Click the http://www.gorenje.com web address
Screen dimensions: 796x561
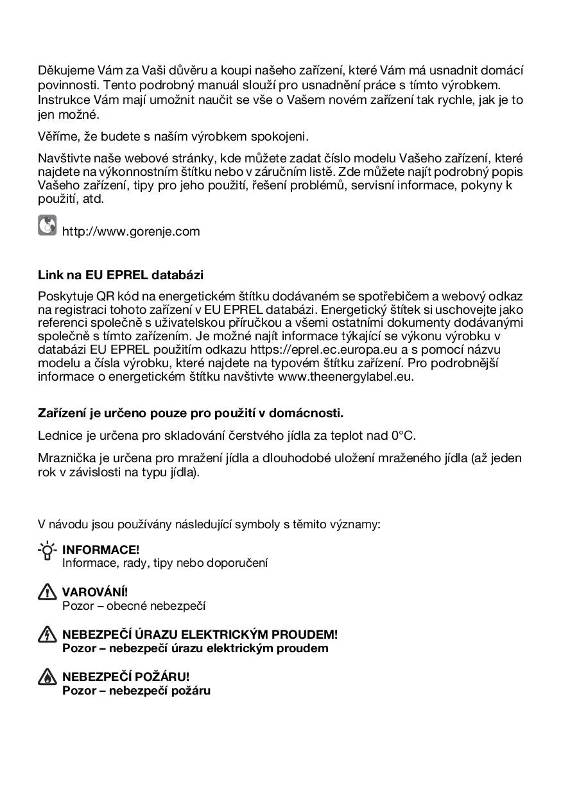pyautogui.click(x=131, y=232)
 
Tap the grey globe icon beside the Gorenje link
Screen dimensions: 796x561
pyautogui.click(x=47, y=226)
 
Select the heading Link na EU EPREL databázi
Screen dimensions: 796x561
pyautogui.click(x=121, y=275)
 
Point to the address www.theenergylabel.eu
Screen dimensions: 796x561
pyautogui.click(x=345, y=377)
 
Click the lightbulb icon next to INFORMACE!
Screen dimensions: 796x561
pyautogui.click(x=47, y=551)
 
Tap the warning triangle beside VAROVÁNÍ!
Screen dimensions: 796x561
pyautogui.click(x=47, y=593)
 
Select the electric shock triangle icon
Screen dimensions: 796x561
pyautogui.click(x=47, y=635)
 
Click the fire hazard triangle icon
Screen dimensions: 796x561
pyautogui.click(x=47, y=677)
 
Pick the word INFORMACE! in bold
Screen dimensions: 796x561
pyautogui.click(x=101, y=550)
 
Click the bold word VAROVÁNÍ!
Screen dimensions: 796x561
pyautogui.click(x=95, y=593)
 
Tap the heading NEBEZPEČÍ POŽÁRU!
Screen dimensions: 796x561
pyautogui.click(x=126, y=677)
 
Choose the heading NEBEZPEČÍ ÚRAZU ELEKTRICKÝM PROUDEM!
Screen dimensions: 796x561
pyautogui.click(x=200, y=635)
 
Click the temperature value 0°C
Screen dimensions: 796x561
pyautogui.click(x=403, y=436)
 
